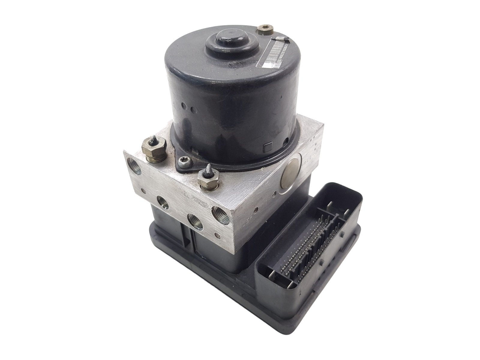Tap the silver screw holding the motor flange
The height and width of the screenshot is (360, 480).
(181, 162)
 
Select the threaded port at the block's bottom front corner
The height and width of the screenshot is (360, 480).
(218, 214)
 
